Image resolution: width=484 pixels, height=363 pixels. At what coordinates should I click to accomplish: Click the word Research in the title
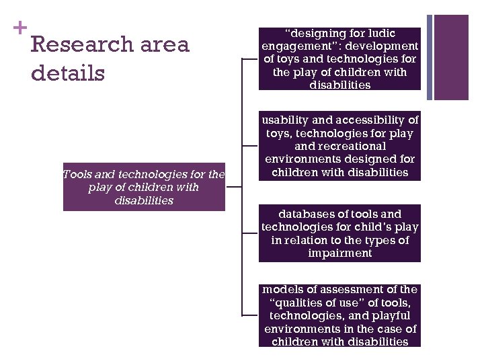pos(83,45)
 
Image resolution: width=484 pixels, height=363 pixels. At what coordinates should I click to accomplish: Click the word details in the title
pos(68,72)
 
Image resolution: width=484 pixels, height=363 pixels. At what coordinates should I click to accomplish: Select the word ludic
pos(382,33)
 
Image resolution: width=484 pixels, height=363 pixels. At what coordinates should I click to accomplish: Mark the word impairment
pos(339,253)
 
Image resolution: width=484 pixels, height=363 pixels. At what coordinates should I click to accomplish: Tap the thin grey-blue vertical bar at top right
pos(430,56)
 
